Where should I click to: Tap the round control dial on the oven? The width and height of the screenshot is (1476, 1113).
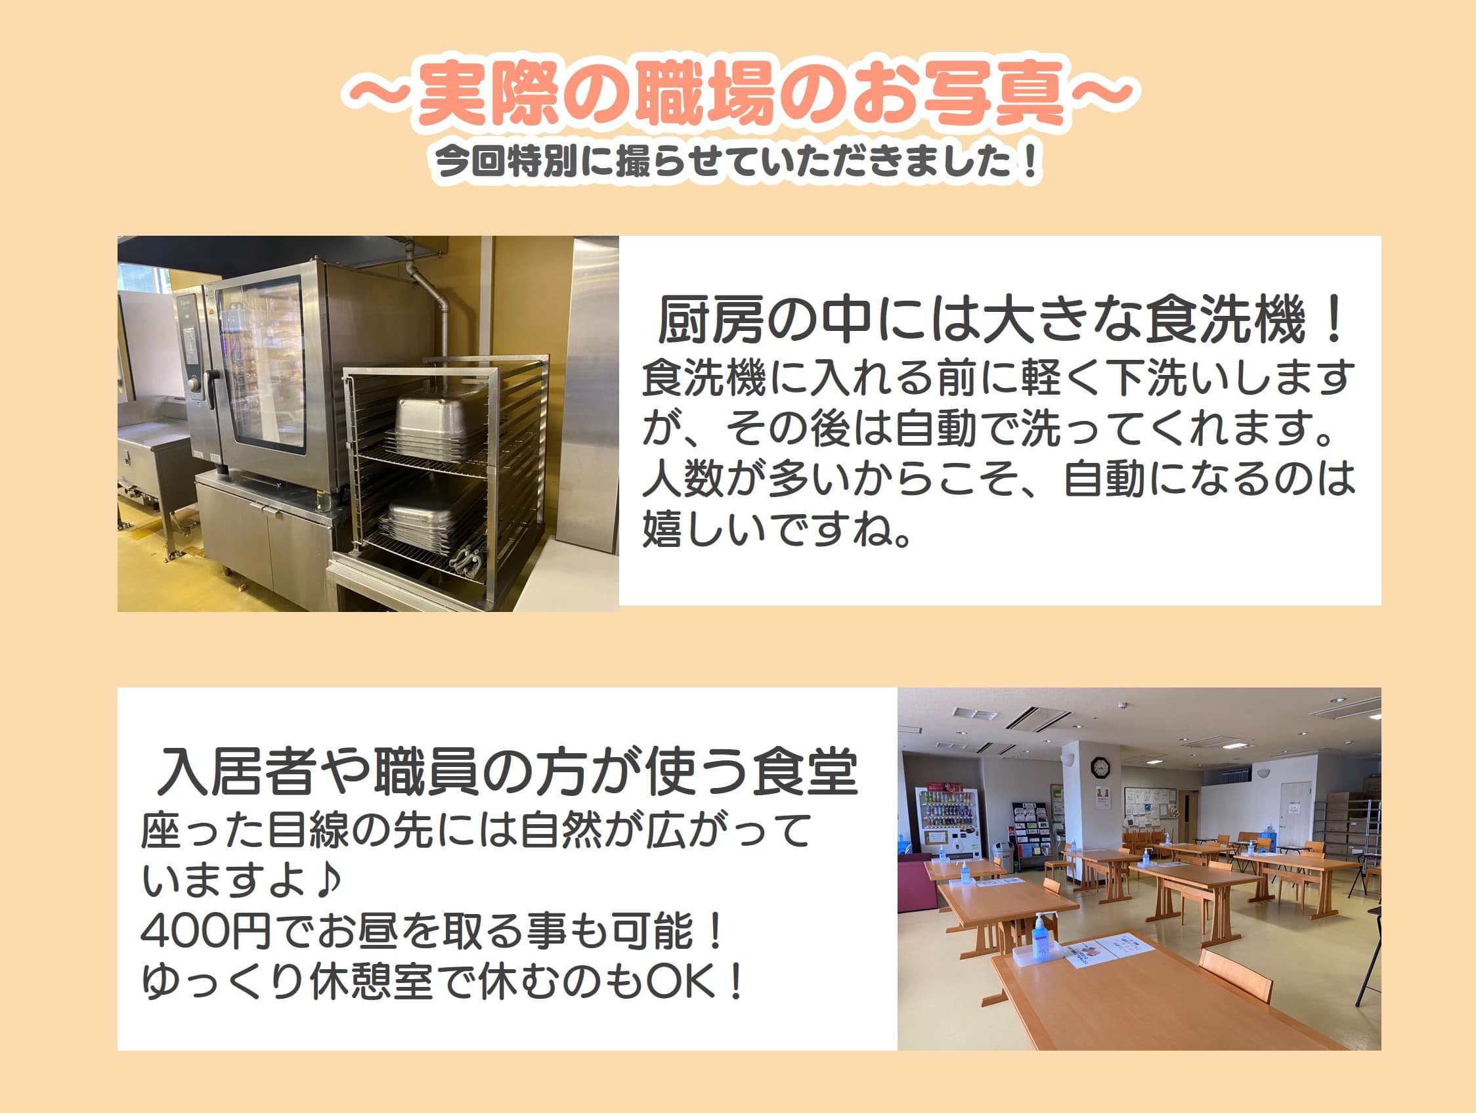pyautogui.click(x=195, y=385)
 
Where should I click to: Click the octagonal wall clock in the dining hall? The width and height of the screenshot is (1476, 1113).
pyautogui.click(x=1099, y=768)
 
